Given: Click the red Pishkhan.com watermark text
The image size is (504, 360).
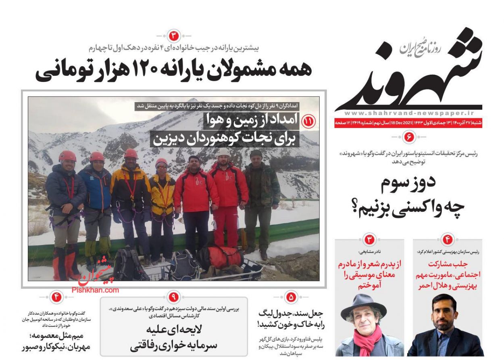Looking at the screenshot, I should pyautogui.click(x=96, y=290).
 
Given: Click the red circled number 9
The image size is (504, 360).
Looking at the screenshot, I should pyautogui.click(x=173, y=297).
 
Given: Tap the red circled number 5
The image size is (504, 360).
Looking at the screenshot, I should pyautogui.click(x=290, y=297).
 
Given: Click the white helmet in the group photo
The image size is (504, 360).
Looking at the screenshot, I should pyautogui.click(x=223, y=152).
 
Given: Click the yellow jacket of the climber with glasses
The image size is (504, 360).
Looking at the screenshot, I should pyautogui.click(x=162, y=192).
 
